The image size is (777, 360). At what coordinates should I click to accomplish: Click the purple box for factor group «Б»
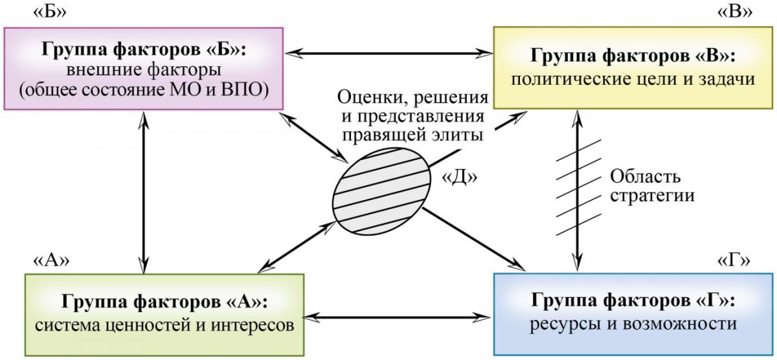(x=144, y=69)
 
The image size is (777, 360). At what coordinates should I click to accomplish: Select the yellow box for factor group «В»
(x=633, y=68)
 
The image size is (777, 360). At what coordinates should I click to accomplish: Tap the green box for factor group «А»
(x=164, y=315)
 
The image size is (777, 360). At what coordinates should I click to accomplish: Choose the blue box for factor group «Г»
(x=633, y=314)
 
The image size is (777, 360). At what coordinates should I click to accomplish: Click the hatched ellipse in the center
(x=381, y=192)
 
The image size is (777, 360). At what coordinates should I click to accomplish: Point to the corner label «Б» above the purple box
(x=50, y=12)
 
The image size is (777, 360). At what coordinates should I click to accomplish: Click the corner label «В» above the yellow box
(x=735, y=12)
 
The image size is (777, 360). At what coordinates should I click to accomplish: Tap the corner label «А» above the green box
(x=51, y=260)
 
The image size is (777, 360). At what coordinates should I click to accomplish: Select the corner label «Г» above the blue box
(x=734, y=260)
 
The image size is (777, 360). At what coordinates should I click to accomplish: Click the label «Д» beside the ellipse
(x=459, y=177)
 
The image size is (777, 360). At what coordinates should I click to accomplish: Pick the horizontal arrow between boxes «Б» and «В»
(x=388, y=54)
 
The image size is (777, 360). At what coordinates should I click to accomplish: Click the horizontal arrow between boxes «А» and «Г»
(x=397, y=317)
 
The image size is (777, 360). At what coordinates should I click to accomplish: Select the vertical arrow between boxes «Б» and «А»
(x=144, y=192)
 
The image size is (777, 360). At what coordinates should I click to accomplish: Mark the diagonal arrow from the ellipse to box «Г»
(x=474, y=239)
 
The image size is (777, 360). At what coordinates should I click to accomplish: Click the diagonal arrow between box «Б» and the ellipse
(x=314, y=138)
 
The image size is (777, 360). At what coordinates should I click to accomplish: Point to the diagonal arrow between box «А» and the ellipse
(x=297, y=247)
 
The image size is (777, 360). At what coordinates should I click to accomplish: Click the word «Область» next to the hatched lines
(x=645, y=177)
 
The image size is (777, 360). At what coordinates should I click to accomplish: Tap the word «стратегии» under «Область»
(x=652, y=196)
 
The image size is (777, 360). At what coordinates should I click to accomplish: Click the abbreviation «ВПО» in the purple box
(x=245, y=90)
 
